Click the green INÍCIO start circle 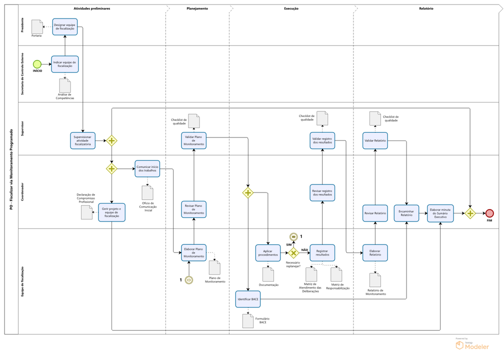point(37,64)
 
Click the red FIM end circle point(489,213)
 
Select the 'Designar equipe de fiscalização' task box point(65,26)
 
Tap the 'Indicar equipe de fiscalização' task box point(65,64)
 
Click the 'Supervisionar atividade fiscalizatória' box point(83,140)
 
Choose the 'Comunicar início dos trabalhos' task point(147,169)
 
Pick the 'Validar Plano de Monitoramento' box point(194,140)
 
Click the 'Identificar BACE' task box point(248,299)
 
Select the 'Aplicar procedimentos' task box point(268,253)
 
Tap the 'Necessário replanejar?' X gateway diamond point(293,253)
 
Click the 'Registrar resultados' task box point(322,253)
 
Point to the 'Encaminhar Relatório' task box point(406,213)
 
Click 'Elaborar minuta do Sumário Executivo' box point(440,213)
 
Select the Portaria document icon point(37,26)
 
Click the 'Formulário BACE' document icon point(248,321)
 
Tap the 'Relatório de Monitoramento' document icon point(375,280)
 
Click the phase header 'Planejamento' point(197,8)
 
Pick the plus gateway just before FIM point(470,213)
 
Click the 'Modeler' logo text point(477,347)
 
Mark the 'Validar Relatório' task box point(375,140)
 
